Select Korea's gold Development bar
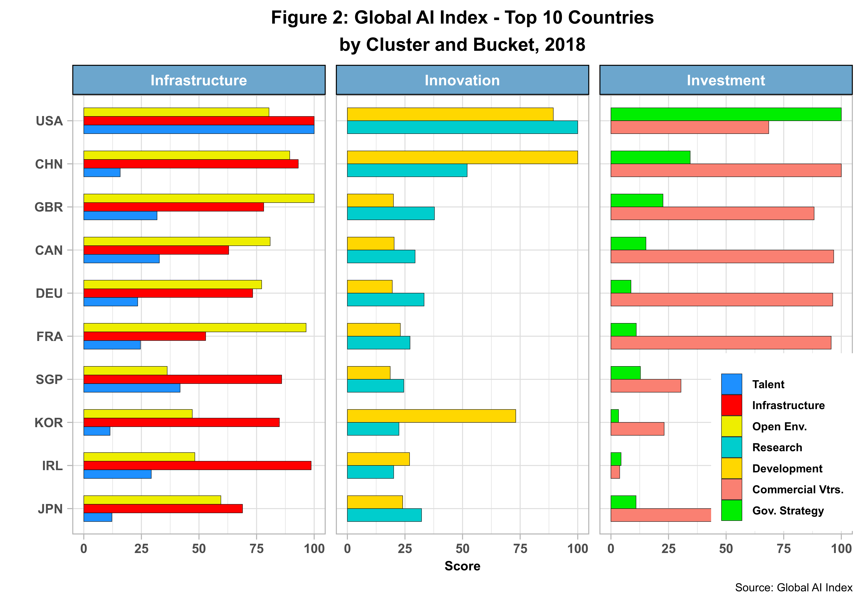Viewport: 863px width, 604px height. click(x=431, y=416)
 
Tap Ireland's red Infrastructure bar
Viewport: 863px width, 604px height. click(x=197, y=465)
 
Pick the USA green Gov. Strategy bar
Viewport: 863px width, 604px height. click(x=725, y=114)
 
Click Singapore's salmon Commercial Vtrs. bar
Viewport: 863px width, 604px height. click(x=645, y=386)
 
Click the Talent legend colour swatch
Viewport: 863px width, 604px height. click(x=731, y=384)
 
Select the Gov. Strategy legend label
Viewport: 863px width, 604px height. click(x=788, y=511)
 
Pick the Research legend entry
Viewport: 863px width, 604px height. click(x=777, y=448)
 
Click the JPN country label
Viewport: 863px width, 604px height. click(x=50, y=509)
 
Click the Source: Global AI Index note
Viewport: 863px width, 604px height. click(x=794, y=588)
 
